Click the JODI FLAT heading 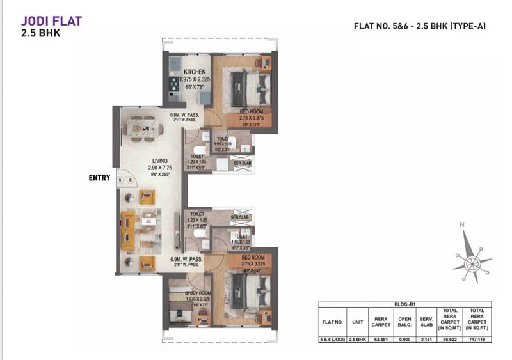coord(51,20)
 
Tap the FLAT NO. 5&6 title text coord(420,26)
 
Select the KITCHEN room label coord(194,72)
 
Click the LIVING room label coord(159,162)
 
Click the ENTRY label coord(99,178)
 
